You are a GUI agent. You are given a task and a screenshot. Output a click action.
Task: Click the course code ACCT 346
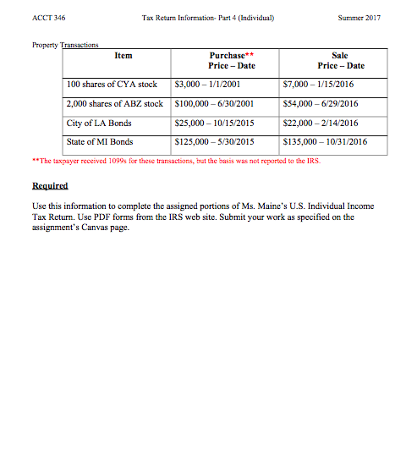47,16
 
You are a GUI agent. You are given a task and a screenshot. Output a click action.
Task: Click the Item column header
123,55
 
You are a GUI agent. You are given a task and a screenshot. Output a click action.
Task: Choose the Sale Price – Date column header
341,60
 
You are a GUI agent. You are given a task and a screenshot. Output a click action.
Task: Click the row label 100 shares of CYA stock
112,85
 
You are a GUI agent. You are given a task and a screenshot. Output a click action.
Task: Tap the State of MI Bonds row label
100,142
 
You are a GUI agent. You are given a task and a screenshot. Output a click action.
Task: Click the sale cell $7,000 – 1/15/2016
327,85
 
